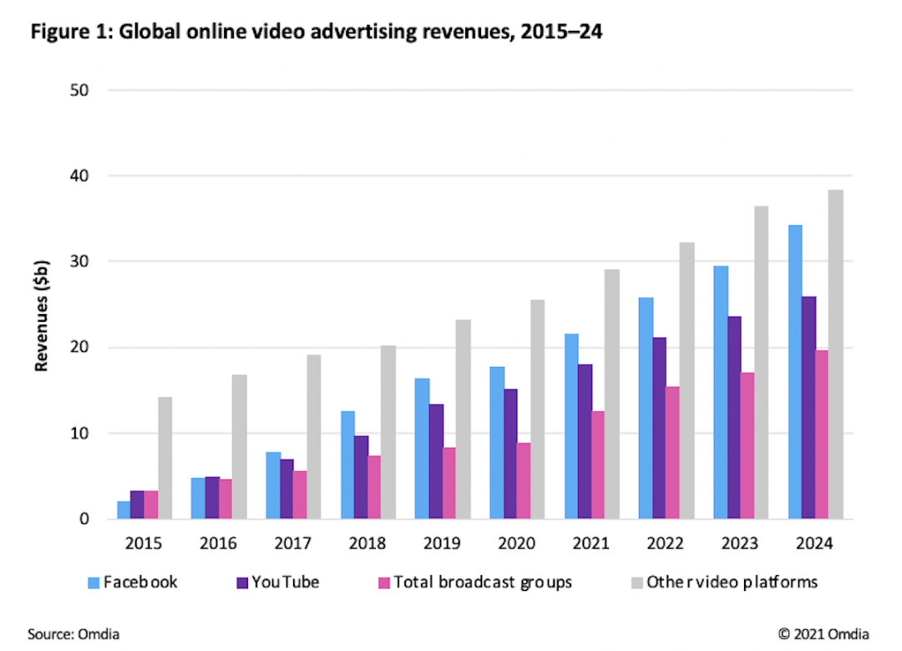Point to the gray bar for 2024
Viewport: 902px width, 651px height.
(x=836, y=354)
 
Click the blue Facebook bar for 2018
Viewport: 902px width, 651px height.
(x=347, y=465)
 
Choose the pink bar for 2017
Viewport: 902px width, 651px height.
(x=300, y=495)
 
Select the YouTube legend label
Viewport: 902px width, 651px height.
(x=286, y=582)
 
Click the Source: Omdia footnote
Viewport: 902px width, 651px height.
(x=73, y=633)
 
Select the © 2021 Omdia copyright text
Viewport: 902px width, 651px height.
(x=823, y=633)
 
